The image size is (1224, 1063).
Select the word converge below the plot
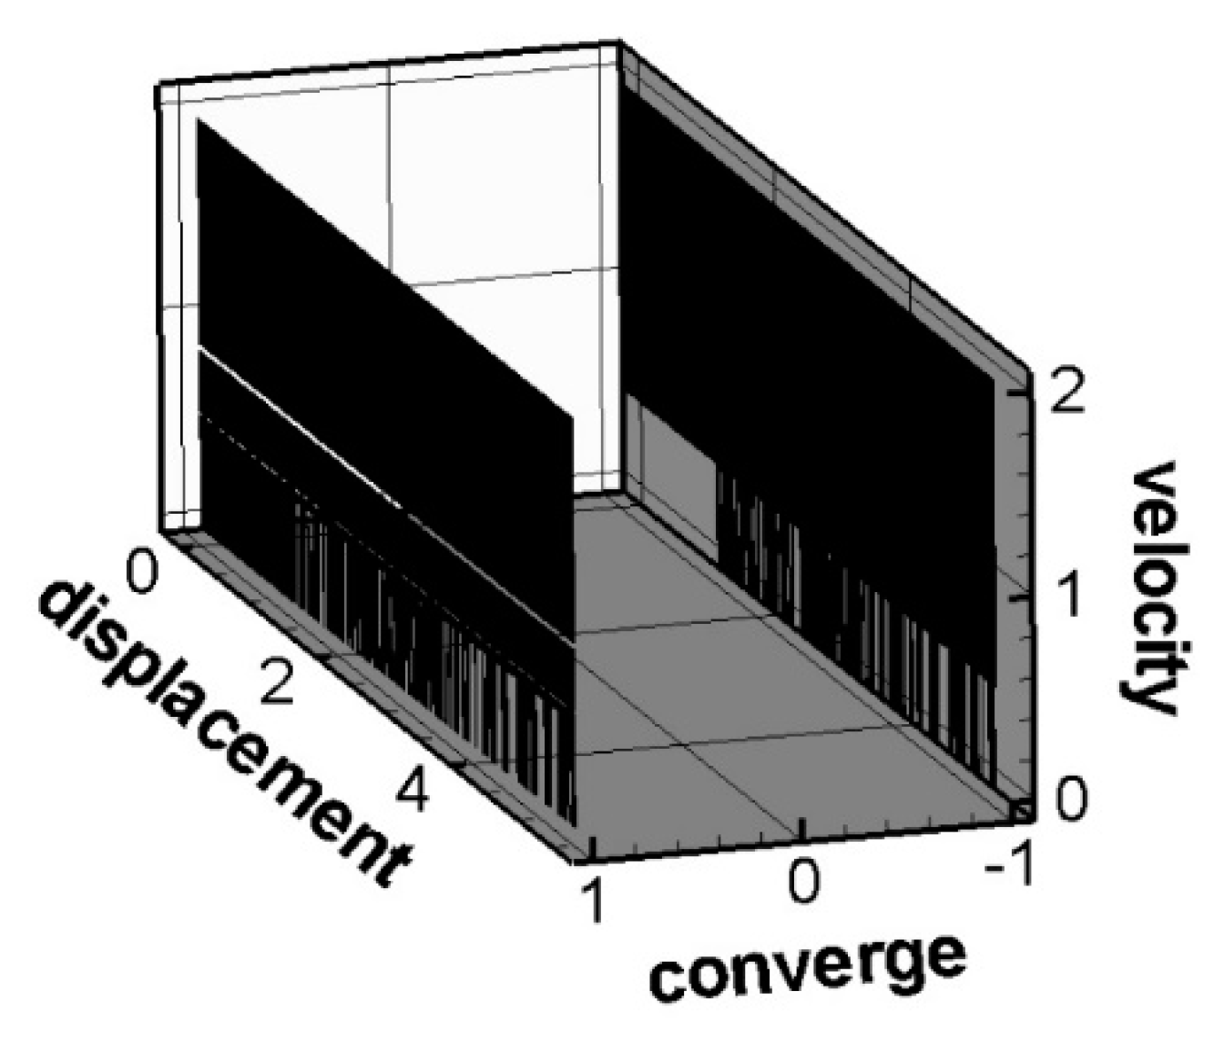[806, 967]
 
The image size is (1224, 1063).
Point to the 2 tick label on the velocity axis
[1066, 394]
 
